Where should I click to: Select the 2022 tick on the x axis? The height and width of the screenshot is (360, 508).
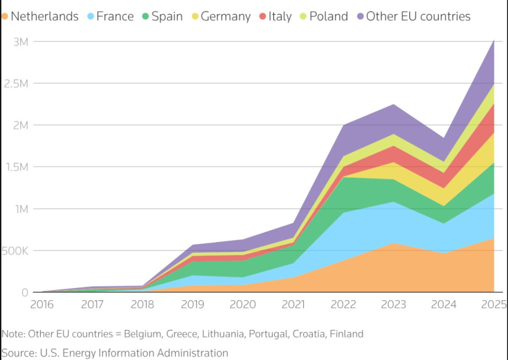point(343,305)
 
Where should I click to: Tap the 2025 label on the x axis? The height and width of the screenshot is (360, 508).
point(494,305)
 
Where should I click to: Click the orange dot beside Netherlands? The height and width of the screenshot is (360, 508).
point(5,16)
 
